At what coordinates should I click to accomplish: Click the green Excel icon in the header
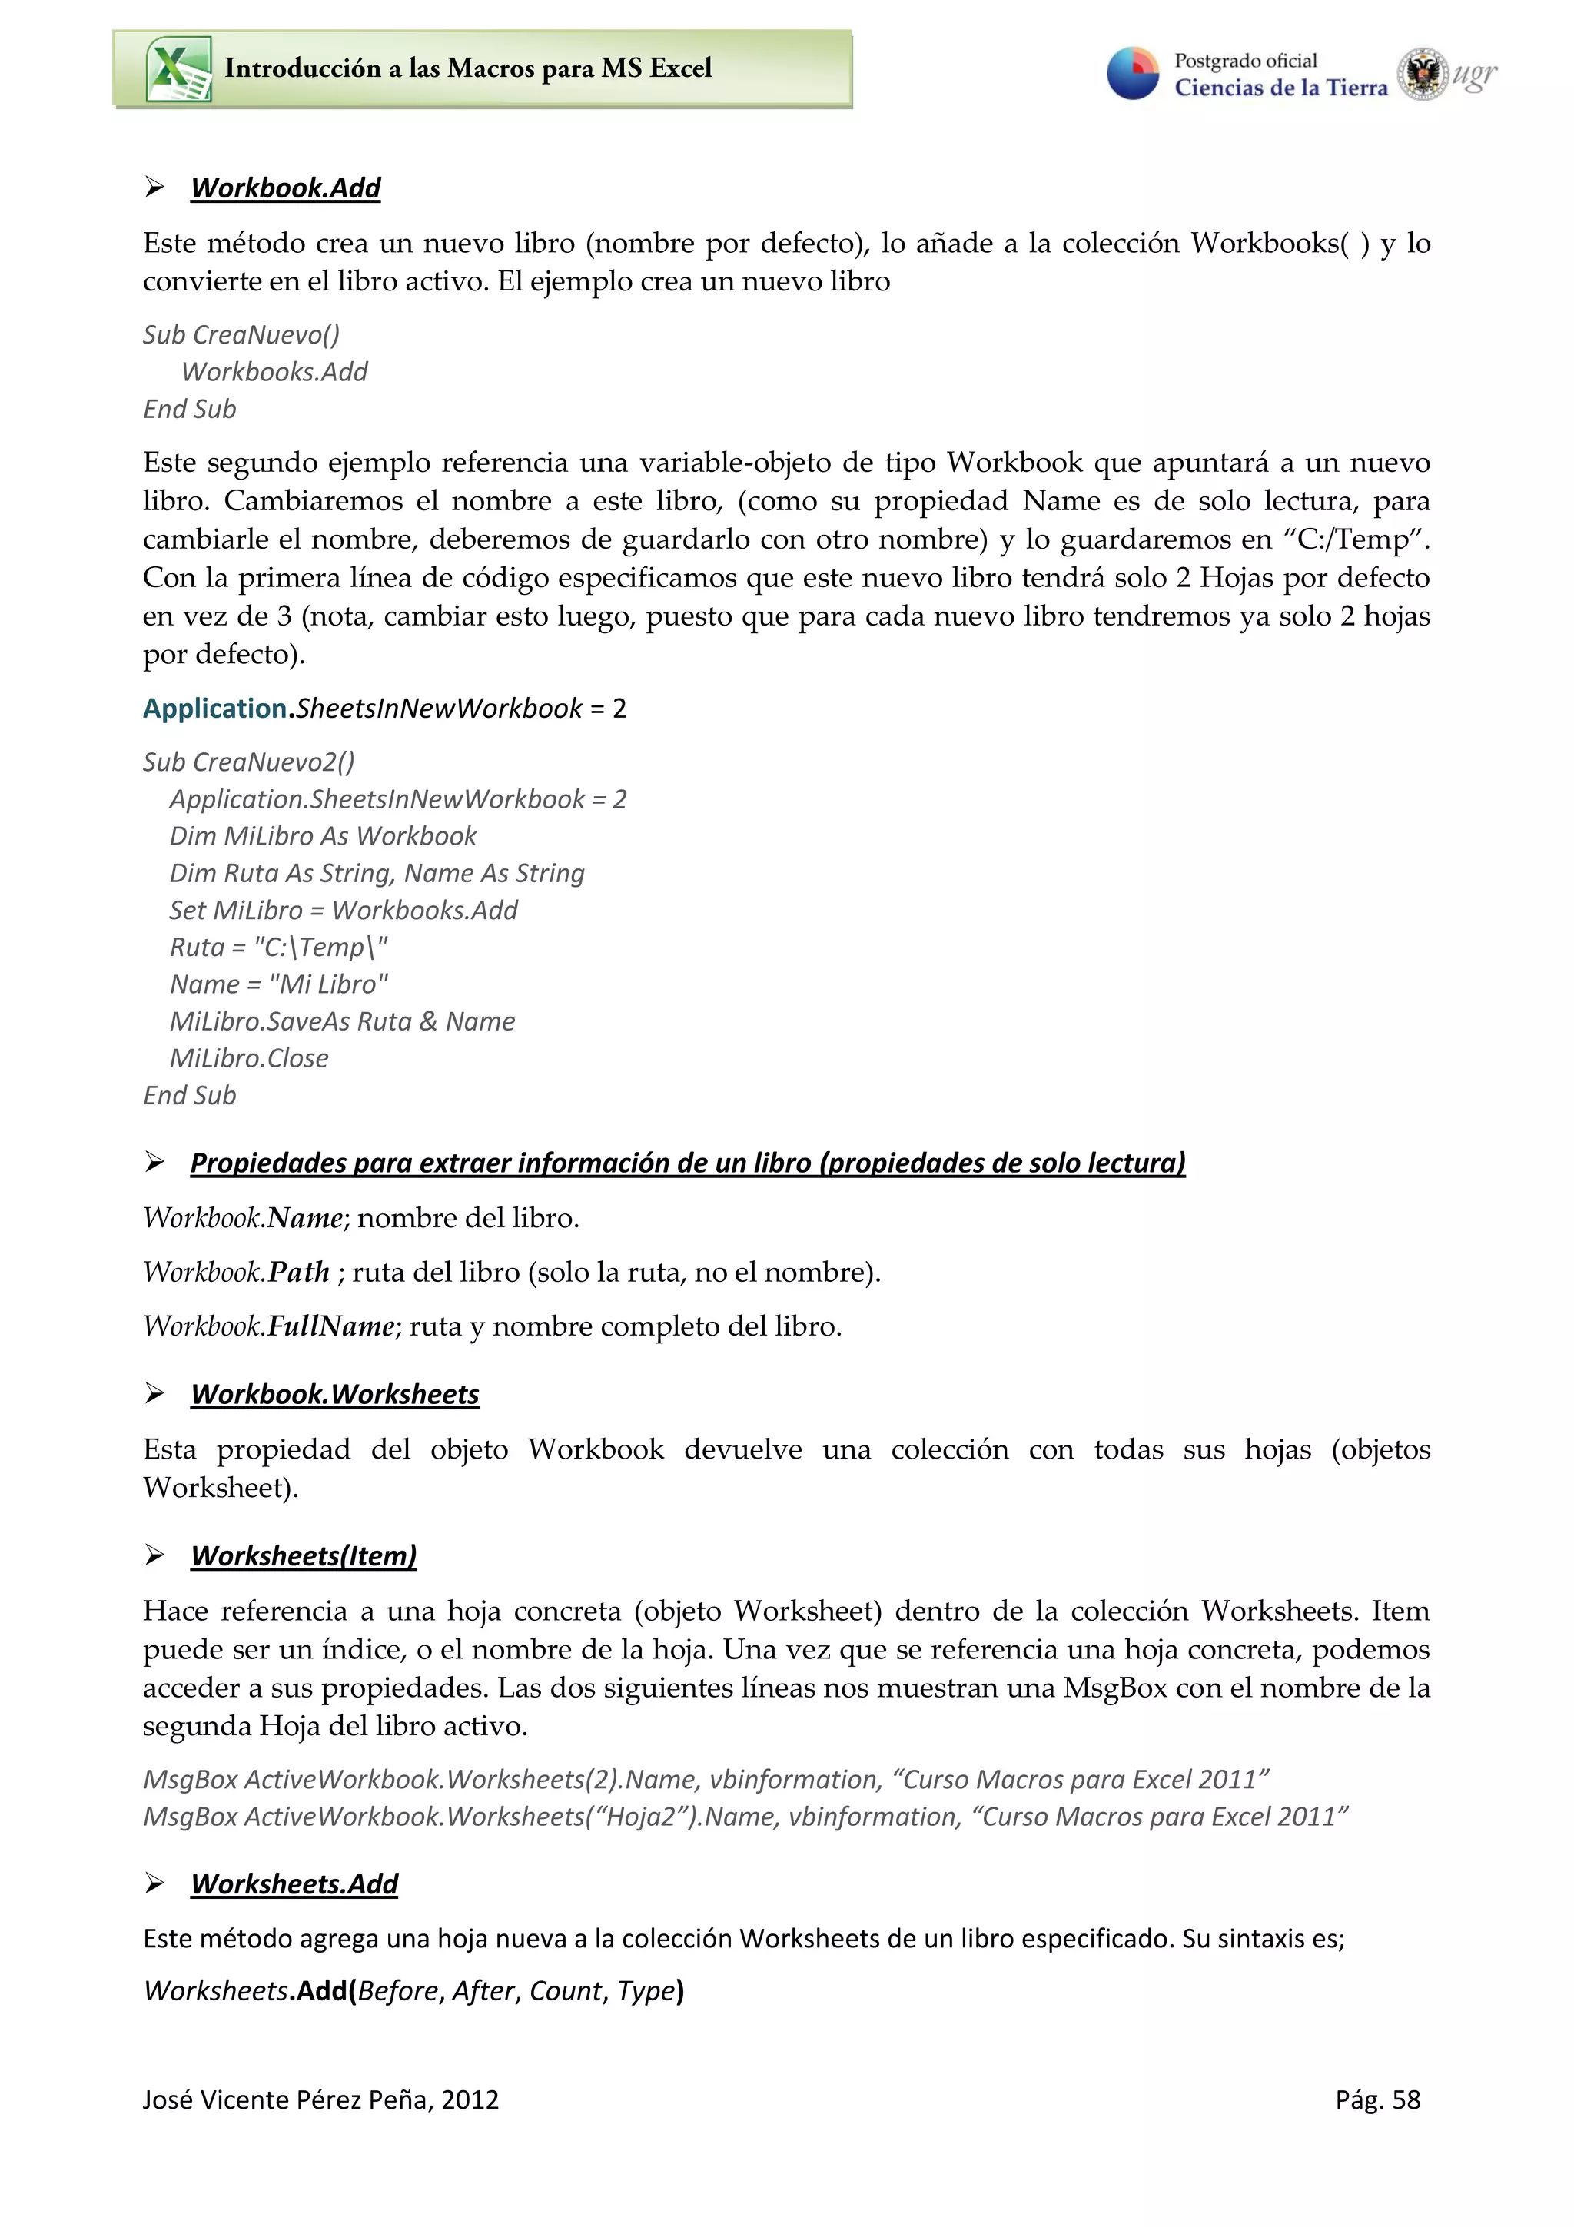coord(178,70)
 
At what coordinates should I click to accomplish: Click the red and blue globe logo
coord(1133,74)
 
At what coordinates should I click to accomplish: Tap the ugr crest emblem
coord(1422,74)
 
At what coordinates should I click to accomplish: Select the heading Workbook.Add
coord(285,188)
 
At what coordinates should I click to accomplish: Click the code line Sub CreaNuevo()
coord(241,334)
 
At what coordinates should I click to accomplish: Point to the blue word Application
coord(214,709)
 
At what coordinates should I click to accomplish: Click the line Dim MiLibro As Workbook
coord(323,836)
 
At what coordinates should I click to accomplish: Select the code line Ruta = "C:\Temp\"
coord(278,947)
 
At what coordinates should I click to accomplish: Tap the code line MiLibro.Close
coord(249,1058)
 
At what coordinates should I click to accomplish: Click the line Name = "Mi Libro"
coord(278,984)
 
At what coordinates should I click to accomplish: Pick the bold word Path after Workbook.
coord(299,1272)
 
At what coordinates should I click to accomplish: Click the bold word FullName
coord(330,1326)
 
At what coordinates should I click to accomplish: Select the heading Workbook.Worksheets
coord(334,1395)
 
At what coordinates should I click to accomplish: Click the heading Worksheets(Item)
coord(304,1556)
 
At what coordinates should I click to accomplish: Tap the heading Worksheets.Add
coord(294,1883)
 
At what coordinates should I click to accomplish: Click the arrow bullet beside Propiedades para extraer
coord(154,1162)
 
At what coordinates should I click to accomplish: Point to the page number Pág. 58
coord(1377,2100)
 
